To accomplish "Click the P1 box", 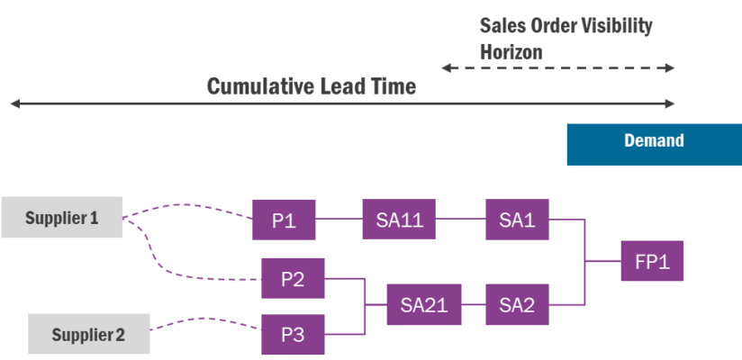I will point(285,219).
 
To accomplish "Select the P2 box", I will point(293,278).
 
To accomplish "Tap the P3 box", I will point(293,334).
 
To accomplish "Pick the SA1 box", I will point(517,219).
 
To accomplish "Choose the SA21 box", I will point(423,304).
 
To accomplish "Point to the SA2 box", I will point(517,304).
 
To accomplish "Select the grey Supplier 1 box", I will point(61,217).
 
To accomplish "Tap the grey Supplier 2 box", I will point(87,335).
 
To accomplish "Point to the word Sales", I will point(502,25).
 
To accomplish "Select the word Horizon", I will point(511,52).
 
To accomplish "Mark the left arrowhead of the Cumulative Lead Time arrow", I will point(13,104).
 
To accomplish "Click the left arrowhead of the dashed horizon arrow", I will point(443,67).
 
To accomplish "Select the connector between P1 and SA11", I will point(339,219).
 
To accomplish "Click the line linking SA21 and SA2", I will point(473,304).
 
